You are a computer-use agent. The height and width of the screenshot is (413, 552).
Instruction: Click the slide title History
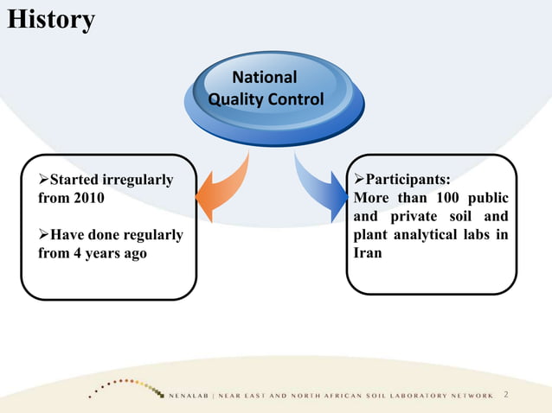point(51,19)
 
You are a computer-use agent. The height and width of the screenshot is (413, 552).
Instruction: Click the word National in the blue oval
point(265,77)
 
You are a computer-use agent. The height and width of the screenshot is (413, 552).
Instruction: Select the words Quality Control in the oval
point(266,99)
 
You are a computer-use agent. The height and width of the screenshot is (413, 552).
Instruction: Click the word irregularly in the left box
point(138,180)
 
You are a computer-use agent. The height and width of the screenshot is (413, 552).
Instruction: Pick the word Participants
point(407,180)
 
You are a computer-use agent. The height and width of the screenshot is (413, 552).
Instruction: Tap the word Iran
point(368,254)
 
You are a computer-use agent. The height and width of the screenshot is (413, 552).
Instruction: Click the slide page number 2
point(506,395)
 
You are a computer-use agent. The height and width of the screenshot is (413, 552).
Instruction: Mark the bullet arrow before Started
point(43,180)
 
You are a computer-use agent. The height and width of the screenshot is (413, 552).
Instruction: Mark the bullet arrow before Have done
point(43,235)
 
